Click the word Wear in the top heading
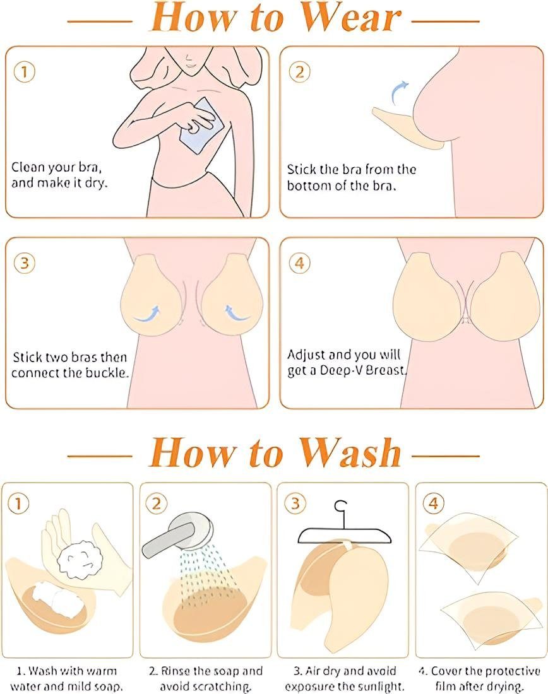(x=351, y=18)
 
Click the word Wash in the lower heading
(x=350, y=452)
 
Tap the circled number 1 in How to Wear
(x=25, y=71)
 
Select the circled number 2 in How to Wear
(x=299, y=71)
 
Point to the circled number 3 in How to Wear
(x=25, y=263)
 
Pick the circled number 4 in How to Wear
(x=299, y=263)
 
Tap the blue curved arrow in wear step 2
(x=400, y=92)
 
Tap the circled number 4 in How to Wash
(x=433, y=503)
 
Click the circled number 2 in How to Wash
(x=157, y=503)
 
